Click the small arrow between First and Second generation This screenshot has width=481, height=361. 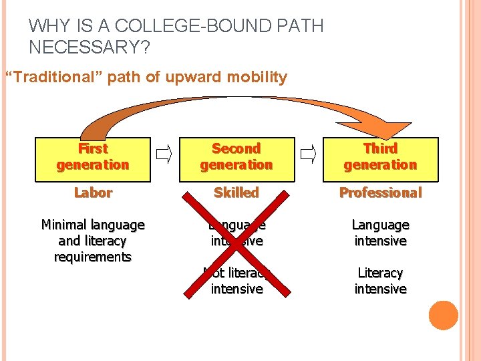(x=163, y=156)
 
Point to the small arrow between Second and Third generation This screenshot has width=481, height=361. (x=308, y=156)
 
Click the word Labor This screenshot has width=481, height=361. (x=93, y=193)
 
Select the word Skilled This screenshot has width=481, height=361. (x=236, y=193)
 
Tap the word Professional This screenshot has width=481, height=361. (x=380, y=193)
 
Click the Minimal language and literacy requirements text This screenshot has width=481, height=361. (x=93, y=241)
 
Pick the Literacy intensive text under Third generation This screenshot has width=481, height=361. (x=380, y=281)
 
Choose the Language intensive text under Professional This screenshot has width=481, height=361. (x=380, y=233)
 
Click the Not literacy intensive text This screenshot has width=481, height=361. (x=236, y=281)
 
